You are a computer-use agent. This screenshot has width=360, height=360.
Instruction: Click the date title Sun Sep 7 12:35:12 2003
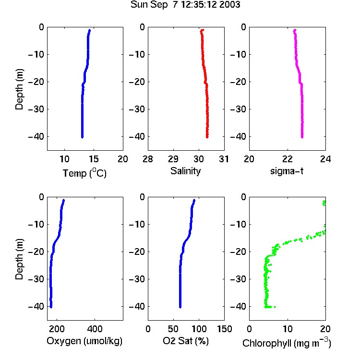pyautogui.click(x=185, y=4)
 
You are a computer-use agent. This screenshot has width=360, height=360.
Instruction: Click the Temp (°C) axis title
pyautogui.click(x=84, y=173)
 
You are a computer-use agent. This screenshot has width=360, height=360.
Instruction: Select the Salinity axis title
pyautogui.click(x=185, y=171)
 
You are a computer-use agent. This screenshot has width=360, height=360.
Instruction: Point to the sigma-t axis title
pyautogui.click(x=287, y=171)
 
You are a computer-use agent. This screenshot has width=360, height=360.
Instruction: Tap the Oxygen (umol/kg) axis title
pyautogui.click(x=84, y=341)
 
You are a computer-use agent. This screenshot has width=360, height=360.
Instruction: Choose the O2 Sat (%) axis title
pyautogui.click(x=186, y=341)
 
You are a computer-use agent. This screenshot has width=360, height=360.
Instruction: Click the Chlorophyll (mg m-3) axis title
pyautogui.click(x=287, y=343)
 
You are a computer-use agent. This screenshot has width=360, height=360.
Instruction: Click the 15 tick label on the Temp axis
pyautogui.click(x=94, y=159)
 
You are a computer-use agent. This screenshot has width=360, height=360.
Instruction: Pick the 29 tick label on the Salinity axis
pyautogui.click(x=173, y=159)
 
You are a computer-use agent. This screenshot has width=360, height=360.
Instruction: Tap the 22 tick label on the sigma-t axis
pyautogui.click(x=287, y=159)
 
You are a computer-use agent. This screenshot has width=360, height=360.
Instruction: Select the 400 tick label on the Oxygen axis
pyautogui.click(x=95, y=329)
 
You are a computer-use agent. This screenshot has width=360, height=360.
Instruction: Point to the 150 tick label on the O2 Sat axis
pyautogui.click(x=224, y=329)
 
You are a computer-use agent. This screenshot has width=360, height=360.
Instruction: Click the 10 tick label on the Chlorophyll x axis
pyautogui.click(x=287, y=329)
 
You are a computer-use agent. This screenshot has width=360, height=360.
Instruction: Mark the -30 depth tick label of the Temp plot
pyautogui.click(x=36, y=109)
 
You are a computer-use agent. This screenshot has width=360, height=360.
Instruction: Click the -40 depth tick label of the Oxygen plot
pyautogui.click(x=36, y=306)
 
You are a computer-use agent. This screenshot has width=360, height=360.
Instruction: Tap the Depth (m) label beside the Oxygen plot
pyautogui.click(x=19, y=259)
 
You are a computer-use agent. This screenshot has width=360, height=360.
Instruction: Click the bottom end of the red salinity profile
pyautogui.click(x=207, y=138)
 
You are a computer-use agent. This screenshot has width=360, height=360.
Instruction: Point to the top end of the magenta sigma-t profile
pyautogui.click(x=295, y=30)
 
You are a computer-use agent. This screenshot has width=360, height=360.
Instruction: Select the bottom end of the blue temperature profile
pyautogui.click(x=82, y=137)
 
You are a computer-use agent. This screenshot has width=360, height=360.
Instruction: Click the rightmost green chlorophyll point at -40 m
pyautogui.click(x=275, y=307)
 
